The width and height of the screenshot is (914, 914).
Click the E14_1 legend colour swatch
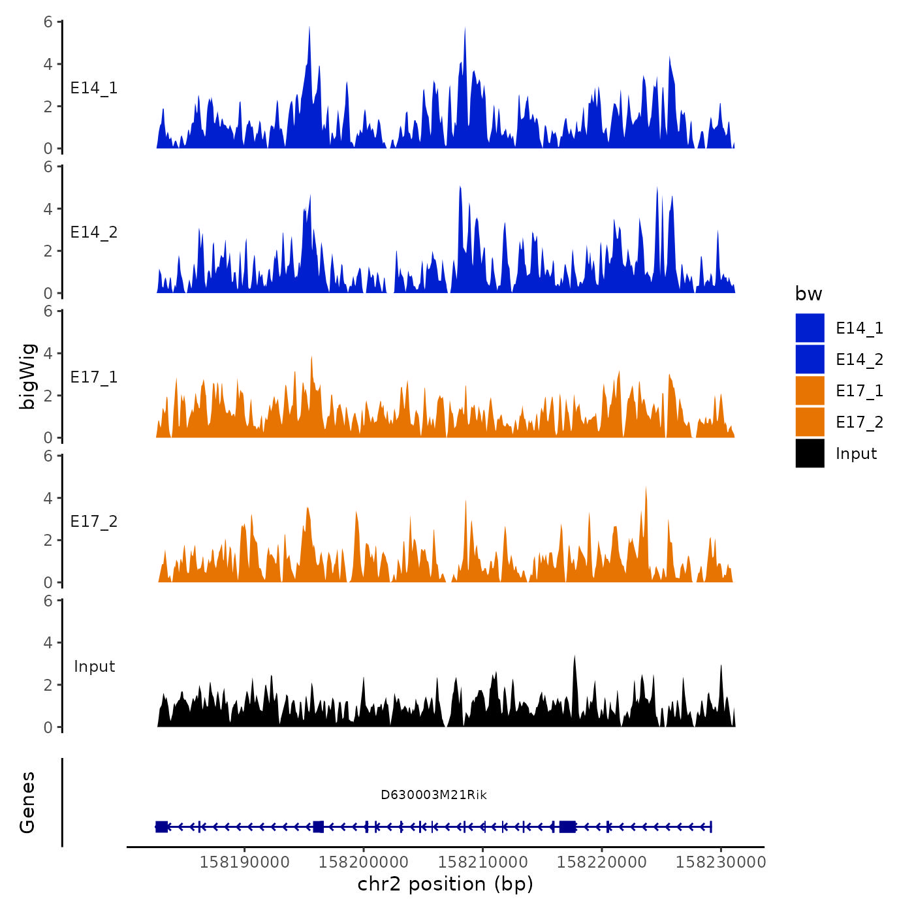click(x=810, y=328)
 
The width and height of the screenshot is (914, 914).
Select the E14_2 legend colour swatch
click(x=810, y=359)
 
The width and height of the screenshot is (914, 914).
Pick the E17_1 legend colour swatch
click(x=810, y=390)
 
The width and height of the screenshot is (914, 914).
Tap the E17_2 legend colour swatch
click(x=810, y=422)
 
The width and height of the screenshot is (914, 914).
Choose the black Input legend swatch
click(x=810, y=453)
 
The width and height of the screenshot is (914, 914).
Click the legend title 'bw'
click(x=808, y=294)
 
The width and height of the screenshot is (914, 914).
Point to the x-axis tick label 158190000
click(x=245, y=862)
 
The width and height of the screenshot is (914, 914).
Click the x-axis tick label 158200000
click(x=364, y=862)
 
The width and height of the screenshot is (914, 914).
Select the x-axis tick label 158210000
click(x=483, y=862)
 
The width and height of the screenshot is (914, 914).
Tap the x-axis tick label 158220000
click(x=602, y=862)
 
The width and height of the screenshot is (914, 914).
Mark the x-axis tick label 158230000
click(x=721, y=862)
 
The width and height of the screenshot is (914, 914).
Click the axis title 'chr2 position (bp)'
click(x=445, y=884)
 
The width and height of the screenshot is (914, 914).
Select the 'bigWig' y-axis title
click(x=27, y=376)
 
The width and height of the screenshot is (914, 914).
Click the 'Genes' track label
click(x=27, y=802)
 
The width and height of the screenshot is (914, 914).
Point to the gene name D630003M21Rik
click(x=433, y=795)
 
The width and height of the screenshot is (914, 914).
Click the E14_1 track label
click(x=94, y=88)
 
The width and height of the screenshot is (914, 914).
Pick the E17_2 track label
click(x=94, y=522)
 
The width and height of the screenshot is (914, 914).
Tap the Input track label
click(x=94, y=667)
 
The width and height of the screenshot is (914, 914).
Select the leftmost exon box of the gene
click(x=161, y=827)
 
